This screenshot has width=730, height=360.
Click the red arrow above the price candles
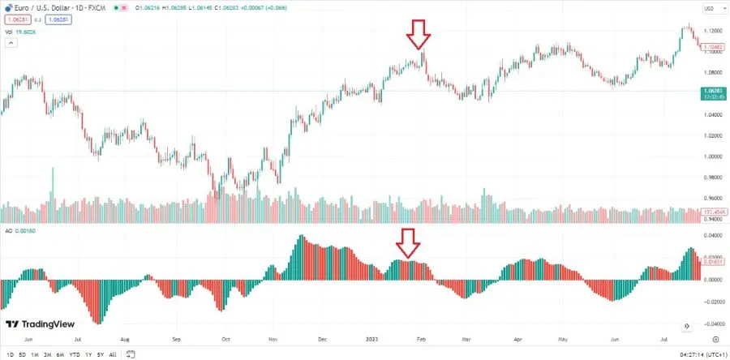[x=419, y=36]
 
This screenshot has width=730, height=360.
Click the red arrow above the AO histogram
[x=408, y=242]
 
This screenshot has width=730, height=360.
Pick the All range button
[x=113, y=354]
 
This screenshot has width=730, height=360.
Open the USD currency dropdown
[x=710, y=9]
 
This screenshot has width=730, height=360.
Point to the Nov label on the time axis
[x=273, y=340]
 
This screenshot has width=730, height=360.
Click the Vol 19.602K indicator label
[x=20, y=32]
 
